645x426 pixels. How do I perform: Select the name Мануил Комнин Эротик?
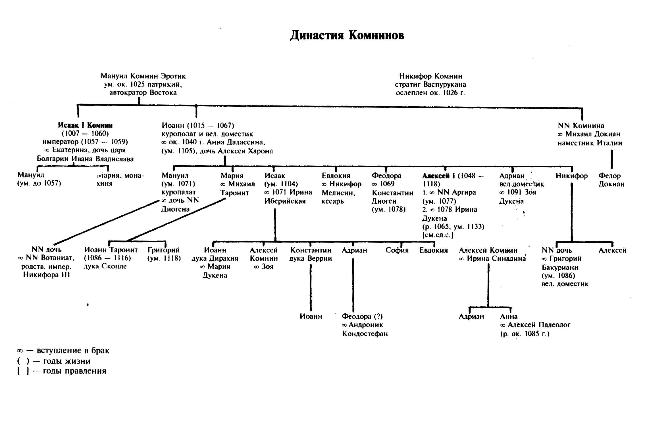pos(143,76)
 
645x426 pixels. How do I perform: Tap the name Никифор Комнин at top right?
pos(430,76)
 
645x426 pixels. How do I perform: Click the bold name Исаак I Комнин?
pos(85,125)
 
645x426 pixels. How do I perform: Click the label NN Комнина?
pos(581,126)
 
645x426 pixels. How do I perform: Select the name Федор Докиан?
pos(611,180)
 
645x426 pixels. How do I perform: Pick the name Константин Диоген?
pos(392,197)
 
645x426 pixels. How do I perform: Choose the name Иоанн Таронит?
pos(111,250)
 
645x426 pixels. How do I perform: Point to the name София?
pos(397,250)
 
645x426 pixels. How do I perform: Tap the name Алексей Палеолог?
pos(539,325)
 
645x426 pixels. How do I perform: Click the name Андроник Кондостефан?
pos(365,329)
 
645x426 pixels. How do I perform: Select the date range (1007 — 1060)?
pos(85,134)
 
